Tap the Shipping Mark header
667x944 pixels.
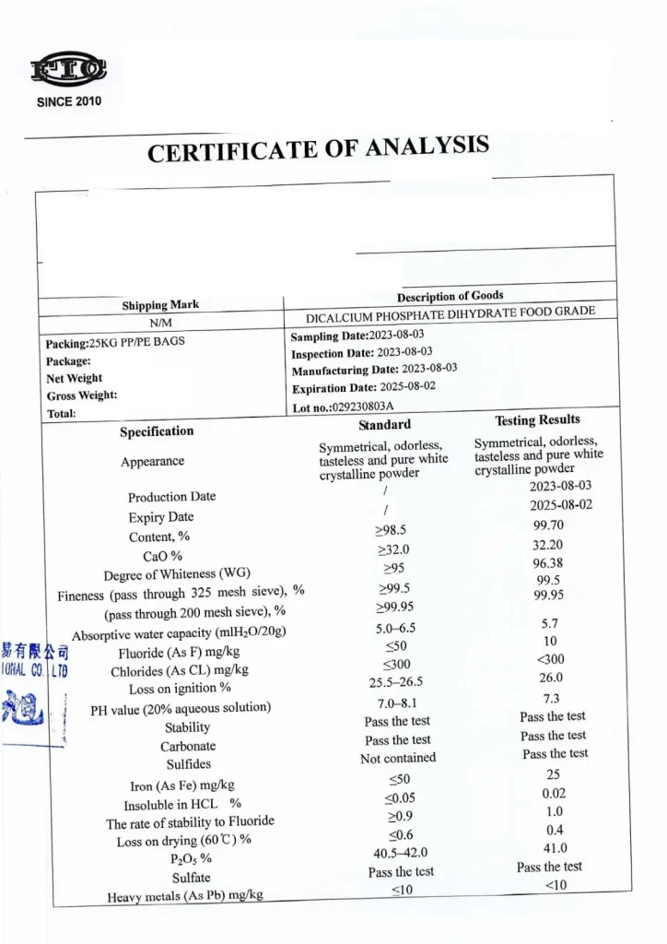pos(160,305)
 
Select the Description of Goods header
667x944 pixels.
pos(450,296)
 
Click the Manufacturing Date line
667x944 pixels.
pos(374,369)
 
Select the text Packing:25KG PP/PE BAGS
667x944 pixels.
pos(115,343)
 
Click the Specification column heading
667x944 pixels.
pos(157,431)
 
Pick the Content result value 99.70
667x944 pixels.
pos(547,525)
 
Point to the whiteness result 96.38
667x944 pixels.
pos(547,562)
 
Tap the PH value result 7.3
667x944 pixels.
pos(552,698)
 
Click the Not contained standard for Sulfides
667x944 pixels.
pos(398,759)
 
